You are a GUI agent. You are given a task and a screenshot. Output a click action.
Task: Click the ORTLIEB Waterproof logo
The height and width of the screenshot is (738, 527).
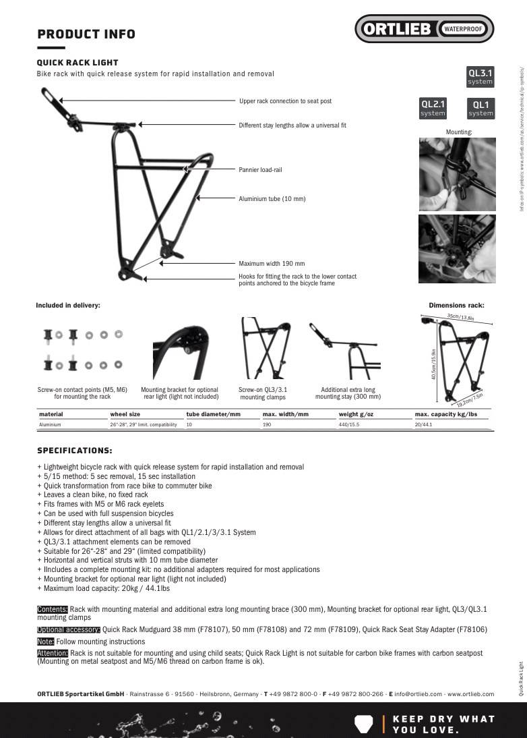[x=425, y=29]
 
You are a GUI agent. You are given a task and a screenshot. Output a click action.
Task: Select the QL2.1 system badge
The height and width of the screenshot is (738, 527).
[x=433, y=108]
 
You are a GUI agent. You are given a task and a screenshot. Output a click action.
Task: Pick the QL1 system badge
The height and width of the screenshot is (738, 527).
[x=480, y=108]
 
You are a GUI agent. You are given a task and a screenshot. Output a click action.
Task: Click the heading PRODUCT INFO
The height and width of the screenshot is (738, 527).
[x=86, y=34]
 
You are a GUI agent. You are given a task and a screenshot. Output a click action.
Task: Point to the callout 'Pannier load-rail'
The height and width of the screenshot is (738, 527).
[x=260, y=170]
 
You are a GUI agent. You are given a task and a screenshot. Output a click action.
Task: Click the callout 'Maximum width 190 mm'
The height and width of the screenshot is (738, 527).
[x=272, y=264]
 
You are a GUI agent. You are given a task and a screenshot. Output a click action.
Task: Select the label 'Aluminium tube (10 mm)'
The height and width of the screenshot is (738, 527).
[x=272, y=199]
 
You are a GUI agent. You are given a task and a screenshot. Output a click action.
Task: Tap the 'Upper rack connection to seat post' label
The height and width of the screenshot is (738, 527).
[x=285, y=101]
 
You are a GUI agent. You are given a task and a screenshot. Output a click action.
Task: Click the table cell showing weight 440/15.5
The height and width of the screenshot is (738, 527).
[x=348, y=425]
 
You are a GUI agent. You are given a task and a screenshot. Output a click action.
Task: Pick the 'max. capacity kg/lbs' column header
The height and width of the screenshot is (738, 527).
[x=445, y=414]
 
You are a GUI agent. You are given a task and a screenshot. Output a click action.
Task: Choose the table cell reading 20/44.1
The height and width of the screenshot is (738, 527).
[x=423, y=425]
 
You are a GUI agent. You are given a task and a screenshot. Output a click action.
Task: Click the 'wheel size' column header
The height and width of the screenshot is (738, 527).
[x=125, y=414]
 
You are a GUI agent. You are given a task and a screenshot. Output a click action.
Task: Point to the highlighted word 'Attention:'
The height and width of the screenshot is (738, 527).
[x=53, y=653]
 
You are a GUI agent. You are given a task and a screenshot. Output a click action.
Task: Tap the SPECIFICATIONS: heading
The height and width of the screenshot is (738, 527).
[x=74, y=451]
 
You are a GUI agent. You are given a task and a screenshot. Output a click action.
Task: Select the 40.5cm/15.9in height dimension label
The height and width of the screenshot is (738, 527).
[x=434, y=364]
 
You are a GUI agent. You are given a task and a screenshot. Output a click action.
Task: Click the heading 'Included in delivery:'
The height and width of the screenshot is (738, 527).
[x=68, y=306]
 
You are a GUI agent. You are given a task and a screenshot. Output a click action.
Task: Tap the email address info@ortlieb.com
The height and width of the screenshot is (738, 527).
[x=418, y=693]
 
